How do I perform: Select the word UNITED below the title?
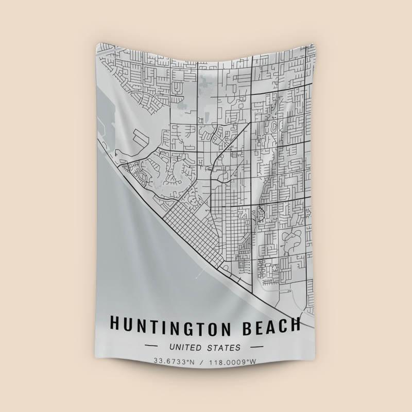(x=187, y=348)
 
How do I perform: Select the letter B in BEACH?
(x=246, y=325)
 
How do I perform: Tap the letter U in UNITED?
(x=172, y=348)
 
